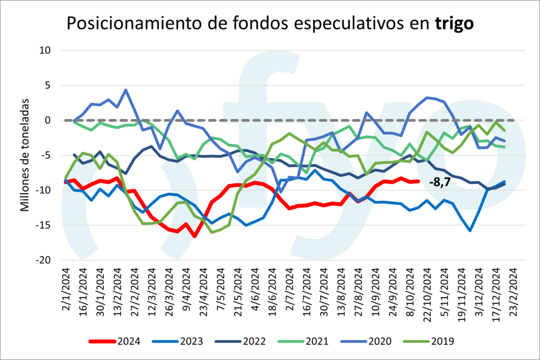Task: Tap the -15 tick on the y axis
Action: click(42, 226)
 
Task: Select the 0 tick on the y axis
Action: click(46, 120)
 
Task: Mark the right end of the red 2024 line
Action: click(418, 181)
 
